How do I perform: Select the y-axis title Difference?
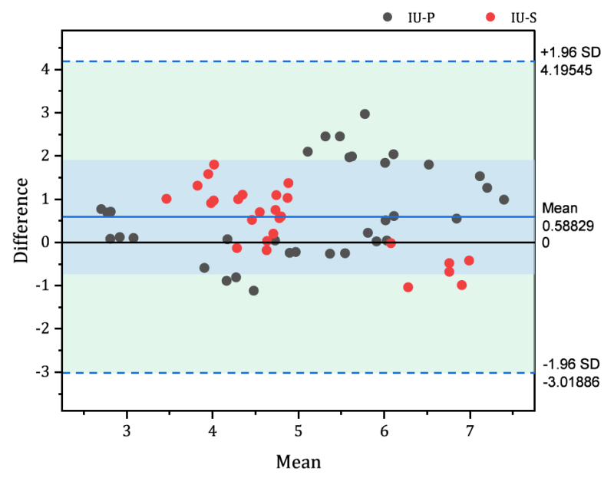coord(22,220)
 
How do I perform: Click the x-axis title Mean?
coord(299,461)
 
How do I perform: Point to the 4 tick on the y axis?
coord(46,69)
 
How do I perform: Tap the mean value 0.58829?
coord(566,226)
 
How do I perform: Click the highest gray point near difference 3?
coord(365,114)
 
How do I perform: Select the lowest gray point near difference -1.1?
coord(253,291)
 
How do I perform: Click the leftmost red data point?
coord(167,199)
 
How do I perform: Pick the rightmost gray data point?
coord(504,200)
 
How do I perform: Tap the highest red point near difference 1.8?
coord(214,165)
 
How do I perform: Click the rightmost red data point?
coord(469,261)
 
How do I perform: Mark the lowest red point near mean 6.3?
coord(408,288)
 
